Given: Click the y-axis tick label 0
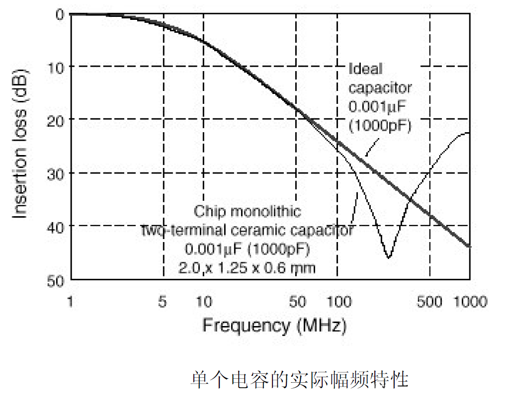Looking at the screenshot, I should click(x=59, y=14).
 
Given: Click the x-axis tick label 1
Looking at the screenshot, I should click(x=71, y=302).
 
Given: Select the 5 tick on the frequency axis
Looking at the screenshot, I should click(x=163, y=302).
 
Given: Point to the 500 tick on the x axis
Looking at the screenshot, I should click(x=429, y=302).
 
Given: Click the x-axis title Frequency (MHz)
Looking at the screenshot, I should click(x=274, y=326).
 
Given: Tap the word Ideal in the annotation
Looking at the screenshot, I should click(x=366, y=69).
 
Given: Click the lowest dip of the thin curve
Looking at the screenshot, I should click(x=389, y=257).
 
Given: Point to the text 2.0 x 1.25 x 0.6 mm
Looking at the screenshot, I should click(x=247, y=268).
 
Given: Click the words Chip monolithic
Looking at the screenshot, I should click(x=247, y=212).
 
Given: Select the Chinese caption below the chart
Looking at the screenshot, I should click(x=299, y=380).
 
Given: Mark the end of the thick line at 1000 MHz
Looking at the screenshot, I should click(x=469, y=246).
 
